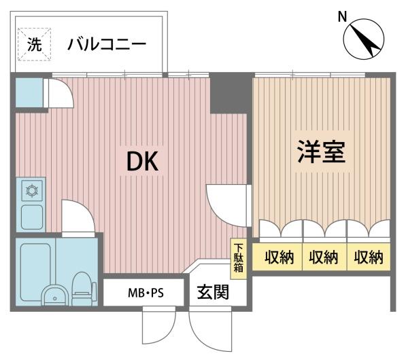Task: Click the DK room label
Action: [x=142, y=161]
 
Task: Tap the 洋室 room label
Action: [x=322, y=151]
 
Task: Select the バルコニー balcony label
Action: [x=107, y=44]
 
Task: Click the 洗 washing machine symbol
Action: [x=34, y=44]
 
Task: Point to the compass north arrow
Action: [x=363, y=39]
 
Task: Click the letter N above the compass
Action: [x=342, y=17]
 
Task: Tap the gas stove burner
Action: [x=32, y=190]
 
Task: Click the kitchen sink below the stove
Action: [x=32, y=217]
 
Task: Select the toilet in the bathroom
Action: [x=82, y=289]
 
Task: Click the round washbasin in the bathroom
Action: [x=55, y=295]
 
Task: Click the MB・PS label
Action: [x=146, y=293]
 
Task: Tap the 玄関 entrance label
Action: [x=213, y=292]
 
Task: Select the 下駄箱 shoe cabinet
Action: [x=238, y=258]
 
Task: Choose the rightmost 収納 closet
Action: [x=369, y=257]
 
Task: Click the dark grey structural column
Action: [x=228, y=93]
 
